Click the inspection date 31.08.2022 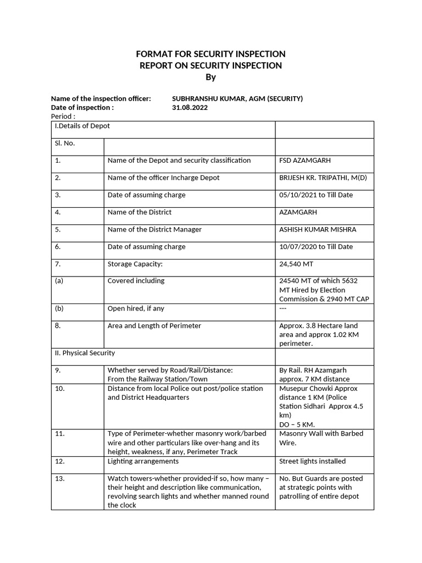tap(190, 108)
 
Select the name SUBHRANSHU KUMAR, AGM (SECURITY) tap(237, 98)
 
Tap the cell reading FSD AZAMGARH tap(305, 161)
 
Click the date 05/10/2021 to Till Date tap(316, 195)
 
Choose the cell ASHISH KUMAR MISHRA tap(318, 229)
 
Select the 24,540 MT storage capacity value tap(297, 264)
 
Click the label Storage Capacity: tap(135, 264)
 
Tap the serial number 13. tap(60, 479)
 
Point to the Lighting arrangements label tap(143, 461)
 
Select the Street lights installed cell tap(312, 461)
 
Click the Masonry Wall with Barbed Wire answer tap(321, 438)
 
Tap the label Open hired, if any tap(136, 308)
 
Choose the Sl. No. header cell tap(65, 143)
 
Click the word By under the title tap(211, 78)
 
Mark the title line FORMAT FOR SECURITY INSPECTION tap(211, 54)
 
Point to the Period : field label tap(63, 117)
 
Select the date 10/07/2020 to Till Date tap(316, 247)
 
